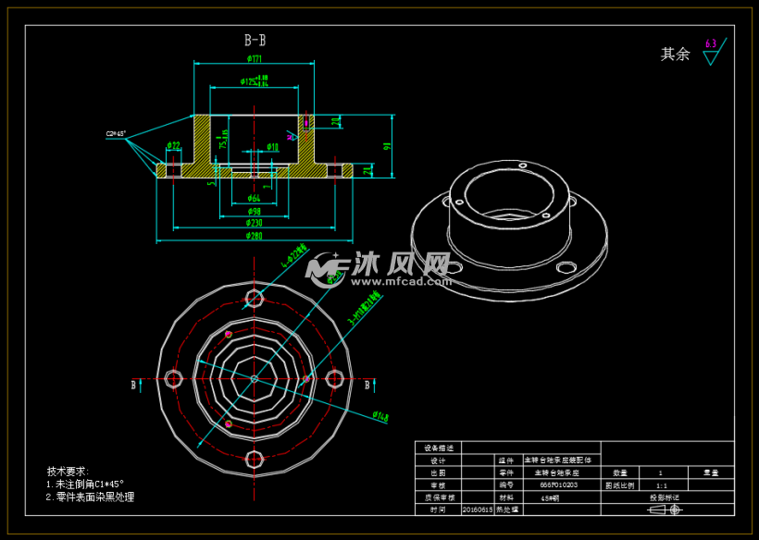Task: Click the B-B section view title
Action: click(x=255, y=41)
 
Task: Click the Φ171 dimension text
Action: click(x=255, y=58)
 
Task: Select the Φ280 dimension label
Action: click(x=254, y=236)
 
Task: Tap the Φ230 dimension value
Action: click(x=254, y=223)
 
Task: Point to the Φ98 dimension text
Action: click(x=254, y=211)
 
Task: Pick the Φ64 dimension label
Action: click(x=254, y=198)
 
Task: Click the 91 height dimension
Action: click(x=387, y=144)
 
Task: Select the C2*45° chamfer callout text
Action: click(x=116, y=134)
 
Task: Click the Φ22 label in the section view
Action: click(x=173, y=145)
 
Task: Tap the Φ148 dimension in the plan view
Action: click(x=379, y=417)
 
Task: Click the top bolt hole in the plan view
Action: click(x=255, y=297)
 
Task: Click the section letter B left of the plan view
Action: click(x=134, y=384)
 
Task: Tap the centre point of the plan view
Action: click(x=255, y=377)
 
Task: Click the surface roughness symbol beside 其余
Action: click(x=711, y=53)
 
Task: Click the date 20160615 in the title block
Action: click(x=477, y=509)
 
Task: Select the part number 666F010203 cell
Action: click(x=558, y=484)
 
